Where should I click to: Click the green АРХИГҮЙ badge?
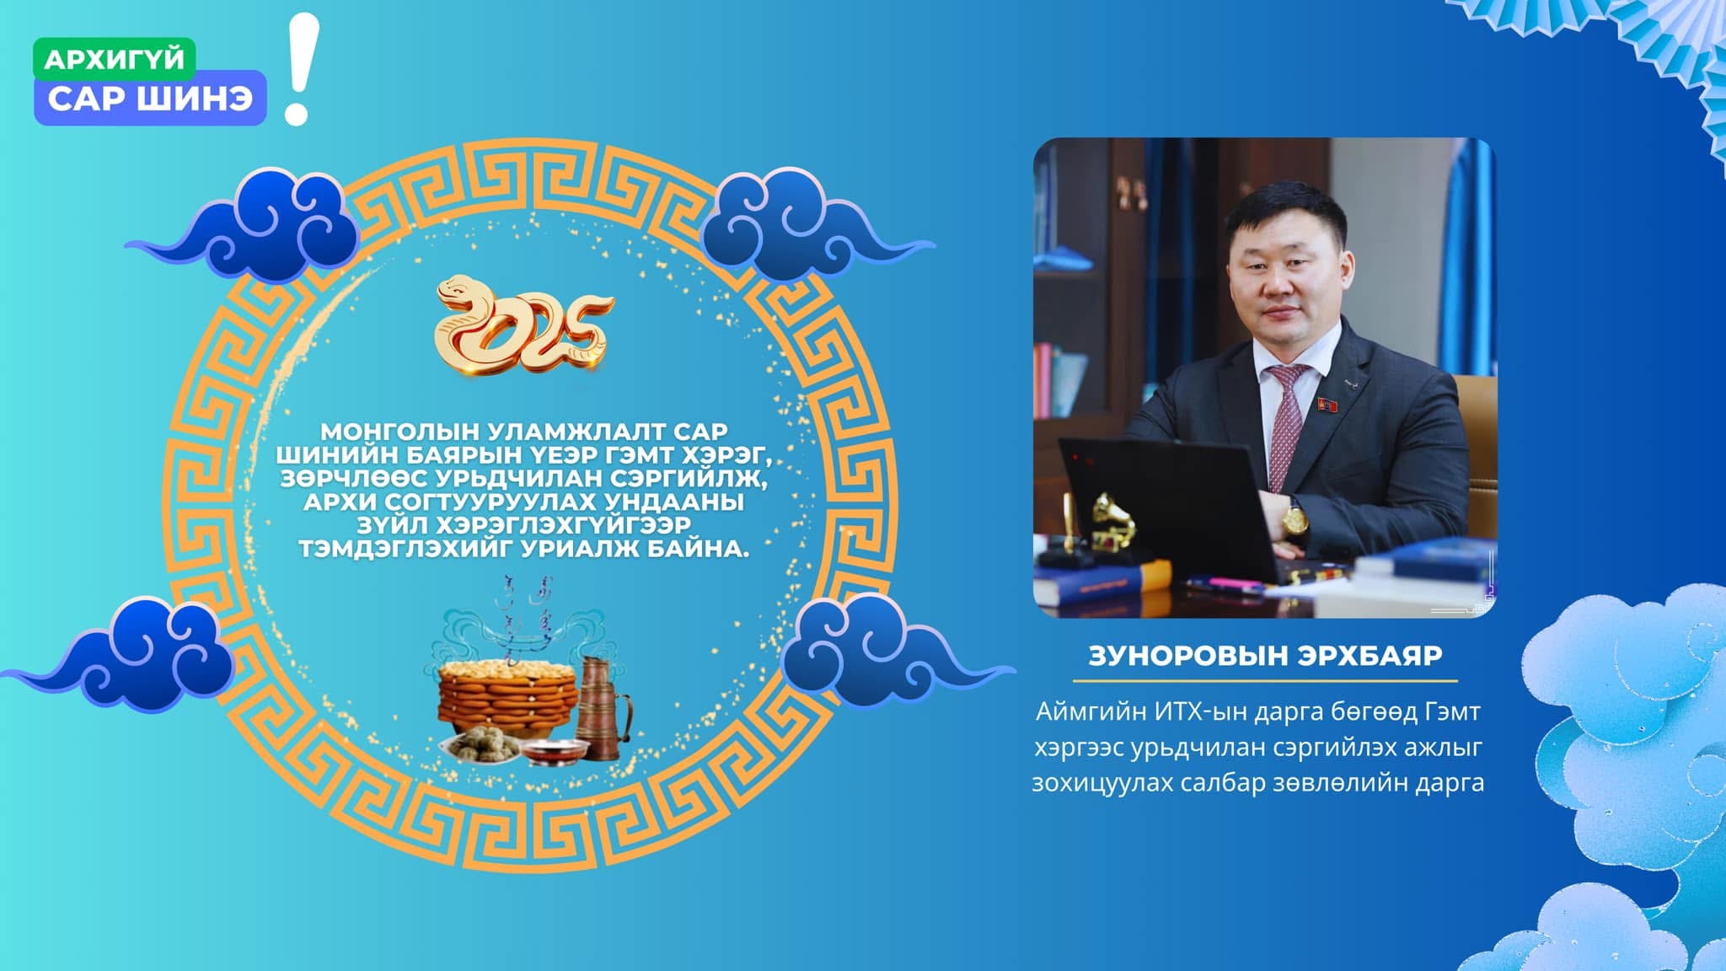coord(114,59)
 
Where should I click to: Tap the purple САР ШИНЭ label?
coord(150,98)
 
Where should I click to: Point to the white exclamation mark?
coord(300,69)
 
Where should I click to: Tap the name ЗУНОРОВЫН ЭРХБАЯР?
coord(1265,656)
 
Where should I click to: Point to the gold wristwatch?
coord(1295,517)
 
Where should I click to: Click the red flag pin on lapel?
coord(1326,404)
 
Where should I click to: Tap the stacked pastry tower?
coord(507,695)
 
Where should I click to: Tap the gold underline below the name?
coord(1265,679)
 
